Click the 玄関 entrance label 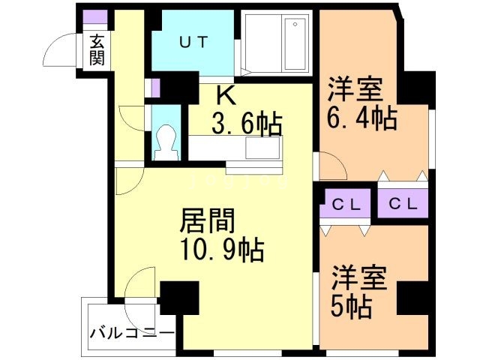[x=97, y=51]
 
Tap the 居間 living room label [x=207, y=221]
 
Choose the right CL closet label [x=403, y=202]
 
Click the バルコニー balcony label [x=122, y=331]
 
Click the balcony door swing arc [x=140, y=285]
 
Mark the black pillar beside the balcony [x=179, y=298]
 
